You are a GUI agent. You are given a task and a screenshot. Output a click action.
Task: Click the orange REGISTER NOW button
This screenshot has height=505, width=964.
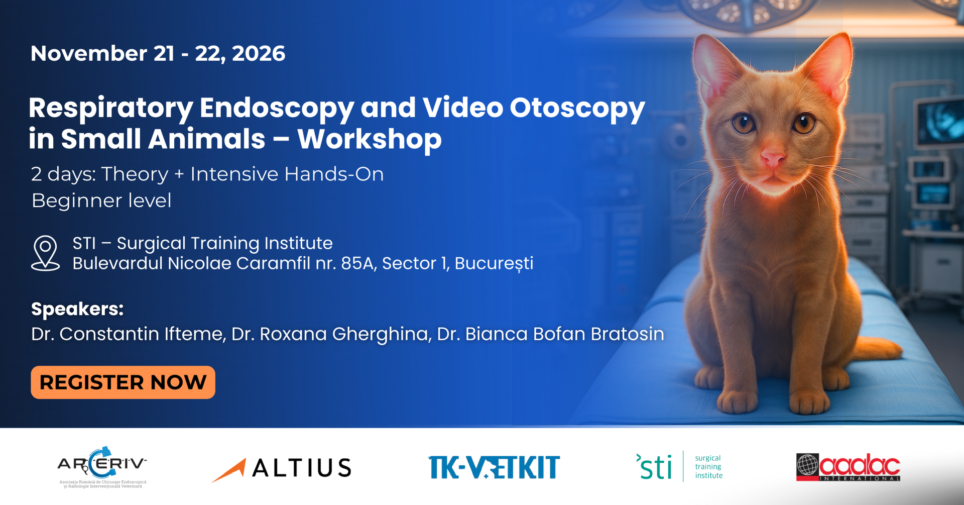point(123,382)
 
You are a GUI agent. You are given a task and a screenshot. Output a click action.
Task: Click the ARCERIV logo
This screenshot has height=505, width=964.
point(102,467)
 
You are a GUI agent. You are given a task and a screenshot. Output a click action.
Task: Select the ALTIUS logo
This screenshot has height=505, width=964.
point(282,468)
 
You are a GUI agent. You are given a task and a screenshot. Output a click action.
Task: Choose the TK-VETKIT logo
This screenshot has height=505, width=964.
point(494,467)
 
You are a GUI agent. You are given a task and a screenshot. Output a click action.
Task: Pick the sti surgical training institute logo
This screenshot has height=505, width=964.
point(679,466)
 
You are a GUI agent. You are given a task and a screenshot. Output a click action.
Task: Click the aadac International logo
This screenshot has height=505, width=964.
point(848,467)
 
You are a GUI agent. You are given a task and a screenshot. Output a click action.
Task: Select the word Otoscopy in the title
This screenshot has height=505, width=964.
point(577,108)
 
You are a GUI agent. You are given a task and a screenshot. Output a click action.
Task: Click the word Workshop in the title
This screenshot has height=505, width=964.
point(370,139)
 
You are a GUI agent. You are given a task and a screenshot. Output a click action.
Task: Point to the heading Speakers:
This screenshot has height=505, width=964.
point(77,309)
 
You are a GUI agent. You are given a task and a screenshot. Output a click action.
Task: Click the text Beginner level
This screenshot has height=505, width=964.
point(101,200)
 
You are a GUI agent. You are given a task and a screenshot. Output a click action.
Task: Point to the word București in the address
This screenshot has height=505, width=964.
point(494,263)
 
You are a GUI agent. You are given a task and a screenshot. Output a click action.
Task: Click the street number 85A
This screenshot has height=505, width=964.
point(358,263)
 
